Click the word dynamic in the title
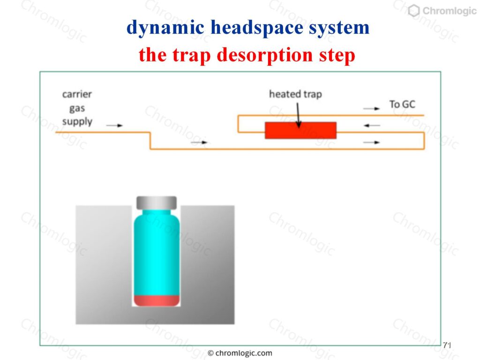[165, 28]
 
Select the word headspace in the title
[257, 28]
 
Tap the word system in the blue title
[339, 28]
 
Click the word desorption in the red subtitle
[264, 55]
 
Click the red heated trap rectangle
[300, 130]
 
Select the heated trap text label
[295, 94]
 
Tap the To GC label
[402, 105]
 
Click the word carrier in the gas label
[77, 94]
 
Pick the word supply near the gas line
[77, 121]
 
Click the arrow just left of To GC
[371, 108]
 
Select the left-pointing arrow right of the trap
[372, 126]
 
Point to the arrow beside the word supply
[114, 125]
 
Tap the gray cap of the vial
[157, 203]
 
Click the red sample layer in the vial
[157, 300]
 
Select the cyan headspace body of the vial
[157, 253]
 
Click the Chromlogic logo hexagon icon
[414, 11]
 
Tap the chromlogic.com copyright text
[240, 353]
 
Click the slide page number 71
[447, 345]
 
